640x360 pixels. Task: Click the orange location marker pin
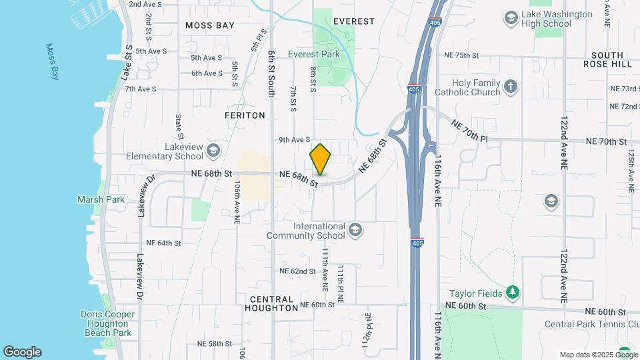pyautogui.click(x=321, y=159)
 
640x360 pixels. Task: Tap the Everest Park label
pyautogui.click(x=314, y=54)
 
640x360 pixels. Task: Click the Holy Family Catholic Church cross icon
pyautogui.click(x=511, y=86)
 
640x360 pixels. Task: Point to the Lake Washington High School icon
pyautogui.click(x=511, y=16)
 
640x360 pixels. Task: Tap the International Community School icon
pyautogui.click(x=355, y=230)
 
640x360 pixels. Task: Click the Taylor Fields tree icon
pyautogui.click(x=512, y=291)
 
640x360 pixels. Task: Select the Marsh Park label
pyautogui.click(x=101, y=199)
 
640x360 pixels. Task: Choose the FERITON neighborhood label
pyautogui.click(x=245, y=115)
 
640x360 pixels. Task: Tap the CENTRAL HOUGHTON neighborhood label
pyautogui.click(x=271, y=303)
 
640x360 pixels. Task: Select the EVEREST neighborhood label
pyautogui.click(x=353, y=21)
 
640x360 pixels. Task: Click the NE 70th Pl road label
pyautogui.click(x=469, y=130)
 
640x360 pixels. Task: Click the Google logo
pyautogui.click(x=22, y=352)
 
